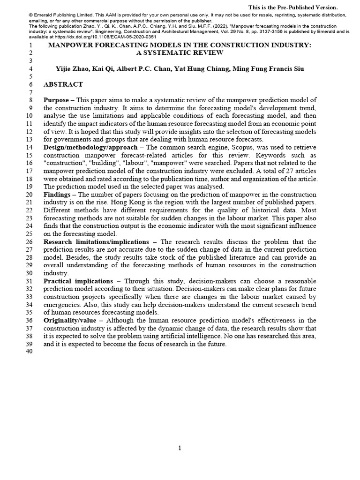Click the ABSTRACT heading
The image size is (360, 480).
click(63, 84)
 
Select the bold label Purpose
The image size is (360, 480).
click(56, 100)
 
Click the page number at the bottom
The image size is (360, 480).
click(180, 448)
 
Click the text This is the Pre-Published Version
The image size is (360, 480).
click(292, 7)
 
